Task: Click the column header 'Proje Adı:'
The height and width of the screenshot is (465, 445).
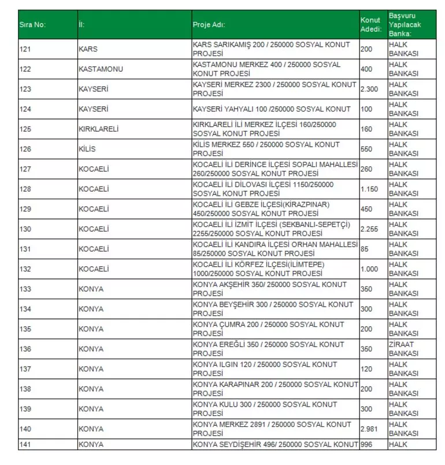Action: point(209,25)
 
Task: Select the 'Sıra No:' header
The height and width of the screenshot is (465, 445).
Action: point(32,25)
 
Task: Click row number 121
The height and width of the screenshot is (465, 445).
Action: point(25,49)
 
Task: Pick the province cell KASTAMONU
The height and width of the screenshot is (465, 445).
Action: point(101,69)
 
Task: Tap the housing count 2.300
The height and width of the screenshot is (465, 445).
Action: point(369,89)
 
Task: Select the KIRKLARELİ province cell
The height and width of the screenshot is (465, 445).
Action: point(98,129)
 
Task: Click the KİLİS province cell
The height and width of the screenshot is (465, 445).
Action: point(87,149)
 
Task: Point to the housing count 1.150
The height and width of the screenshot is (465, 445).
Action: point(369,189)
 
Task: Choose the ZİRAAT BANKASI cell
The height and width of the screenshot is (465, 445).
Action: point(403,349)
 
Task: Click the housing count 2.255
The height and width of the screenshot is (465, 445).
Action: point(369,229)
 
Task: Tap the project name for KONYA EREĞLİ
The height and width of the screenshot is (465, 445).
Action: point(269,349)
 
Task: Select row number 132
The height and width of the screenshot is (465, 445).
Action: point(25,269)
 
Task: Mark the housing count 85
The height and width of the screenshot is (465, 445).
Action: point(365,249)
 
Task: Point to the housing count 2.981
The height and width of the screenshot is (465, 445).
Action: point(369,429)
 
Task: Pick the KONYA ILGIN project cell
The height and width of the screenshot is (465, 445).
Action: point(265,369)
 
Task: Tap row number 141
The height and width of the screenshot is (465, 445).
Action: point(25,444)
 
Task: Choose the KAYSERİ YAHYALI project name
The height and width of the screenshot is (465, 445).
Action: point(272,109)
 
